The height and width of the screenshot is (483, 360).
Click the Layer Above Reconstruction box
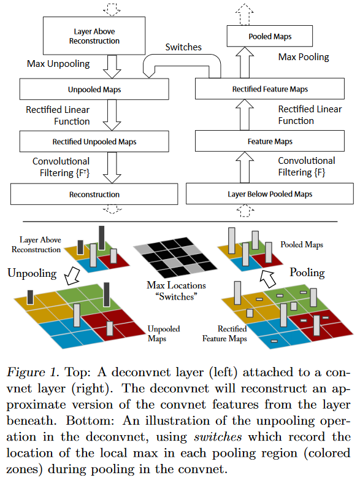pyautogui.click(x=94, y=36)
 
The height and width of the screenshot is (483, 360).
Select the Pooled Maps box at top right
pyautogui.click(x=269, y=36)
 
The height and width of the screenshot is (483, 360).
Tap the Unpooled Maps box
pyautogui.click(x=94, y=89)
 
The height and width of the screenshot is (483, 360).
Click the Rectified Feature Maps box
pyautogui.click(x=269, y=89)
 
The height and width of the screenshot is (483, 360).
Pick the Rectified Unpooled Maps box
pyautogui.click(x=94, y=141)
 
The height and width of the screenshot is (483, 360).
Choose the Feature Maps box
pyautogui.click(x=269, y=141)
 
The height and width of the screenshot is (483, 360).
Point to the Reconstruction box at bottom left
pyautogui.click(x=94, y=194)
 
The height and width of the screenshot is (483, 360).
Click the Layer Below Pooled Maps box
pyautogui.click(x=269, y=194)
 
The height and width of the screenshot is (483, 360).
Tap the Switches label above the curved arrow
pyautogui.click(x=183, y=47)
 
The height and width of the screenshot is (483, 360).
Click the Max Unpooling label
pyautogui.click(x=58, y=64)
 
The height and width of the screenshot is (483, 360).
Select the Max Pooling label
pyautogui.click(x=304, y=57)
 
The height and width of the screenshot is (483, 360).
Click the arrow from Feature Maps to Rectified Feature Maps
pyautogui.click(x=245, y=115)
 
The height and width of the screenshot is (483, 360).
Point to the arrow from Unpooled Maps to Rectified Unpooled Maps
pyautogui.click(x=112, y=115)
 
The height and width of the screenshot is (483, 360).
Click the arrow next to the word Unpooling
pyautogui.click(x=72, y=276)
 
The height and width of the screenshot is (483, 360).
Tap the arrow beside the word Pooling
pyautogui.click(x=267, y=279)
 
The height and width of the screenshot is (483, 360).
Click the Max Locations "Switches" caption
pyautogui.click(x=176, y=291)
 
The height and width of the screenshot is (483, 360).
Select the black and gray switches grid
pyautogui.click(x=175, y=257)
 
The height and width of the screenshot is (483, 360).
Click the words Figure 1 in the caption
pyautogui.click(x=33, y=373)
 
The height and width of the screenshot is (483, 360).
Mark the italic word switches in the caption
pyautogui.click(x=218, y=437)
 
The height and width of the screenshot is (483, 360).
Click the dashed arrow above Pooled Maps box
pyautogui.click(x=245, y=14)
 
